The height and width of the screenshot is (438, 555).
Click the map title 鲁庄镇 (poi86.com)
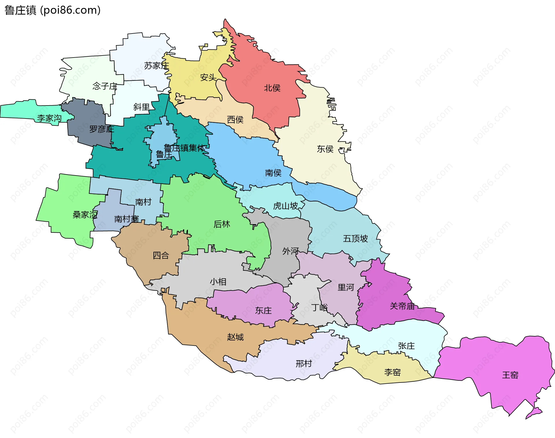[x=52, y=10]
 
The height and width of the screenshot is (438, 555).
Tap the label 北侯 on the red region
[x=272, y=88]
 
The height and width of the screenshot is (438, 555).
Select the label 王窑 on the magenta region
[x=510, y=375]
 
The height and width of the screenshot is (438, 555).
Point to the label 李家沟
[x=49, y=118]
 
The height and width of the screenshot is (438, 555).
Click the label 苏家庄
[x=156, y=66]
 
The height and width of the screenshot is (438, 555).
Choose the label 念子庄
[x=105, y=86]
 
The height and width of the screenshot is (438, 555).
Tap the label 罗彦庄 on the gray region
[x=101, y=129]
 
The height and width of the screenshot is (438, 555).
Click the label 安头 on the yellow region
[x=208, y=77]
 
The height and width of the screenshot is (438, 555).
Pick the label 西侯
[x=235, y=120]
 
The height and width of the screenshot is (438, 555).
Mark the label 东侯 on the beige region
[x=325, y=149]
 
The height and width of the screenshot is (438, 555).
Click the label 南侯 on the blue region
[x=273, y=173]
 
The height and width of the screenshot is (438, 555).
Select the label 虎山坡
[x=285, y=206]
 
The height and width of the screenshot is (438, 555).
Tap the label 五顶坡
[x=355, y=239]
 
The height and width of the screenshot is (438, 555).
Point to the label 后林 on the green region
[x=222, y=224]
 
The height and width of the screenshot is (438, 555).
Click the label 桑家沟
[x=85, y=215]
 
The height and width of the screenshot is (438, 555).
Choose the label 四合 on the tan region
[x=161, y=255]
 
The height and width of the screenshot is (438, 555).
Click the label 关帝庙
[x=402, y=306]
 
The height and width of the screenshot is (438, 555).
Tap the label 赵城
[x=235, y=337]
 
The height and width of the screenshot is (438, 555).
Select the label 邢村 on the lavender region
[x=304, y=364]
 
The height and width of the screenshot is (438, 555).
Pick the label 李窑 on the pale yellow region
[x=392, y=372]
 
